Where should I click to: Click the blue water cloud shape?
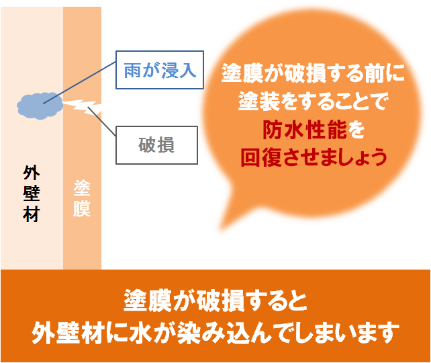(x=40, y=106)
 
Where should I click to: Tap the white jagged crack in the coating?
(x=83, y=107)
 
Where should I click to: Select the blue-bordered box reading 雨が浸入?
(x=160, y=70)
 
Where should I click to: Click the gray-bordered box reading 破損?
(x=156, y=145)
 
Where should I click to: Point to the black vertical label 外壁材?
(x=32, y=194)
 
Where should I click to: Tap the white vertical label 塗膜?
(x=82, y=198)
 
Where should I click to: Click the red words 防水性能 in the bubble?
(x=305, y=130)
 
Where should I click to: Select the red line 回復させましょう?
(x=314, y=157)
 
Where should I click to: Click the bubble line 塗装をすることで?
(x=314, y=101)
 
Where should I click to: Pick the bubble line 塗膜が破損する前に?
(x=313, y=73)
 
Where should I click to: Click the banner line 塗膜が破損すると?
(x=215, y=300)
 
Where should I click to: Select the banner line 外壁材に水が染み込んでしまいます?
(x=215, y=333)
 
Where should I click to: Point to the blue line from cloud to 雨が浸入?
(x=79, y=83)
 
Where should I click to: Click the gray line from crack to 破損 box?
(x=101, y=121)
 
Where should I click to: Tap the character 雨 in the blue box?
(x=132, y=70)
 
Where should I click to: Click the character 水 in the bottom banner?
(x=141, y=333)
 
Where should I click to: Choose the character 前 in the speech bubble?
(x=375, y=73)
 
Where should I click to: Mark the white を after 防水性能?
(x=356, y=130)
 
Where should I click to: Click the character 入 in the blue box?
(x=188, y=70)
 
